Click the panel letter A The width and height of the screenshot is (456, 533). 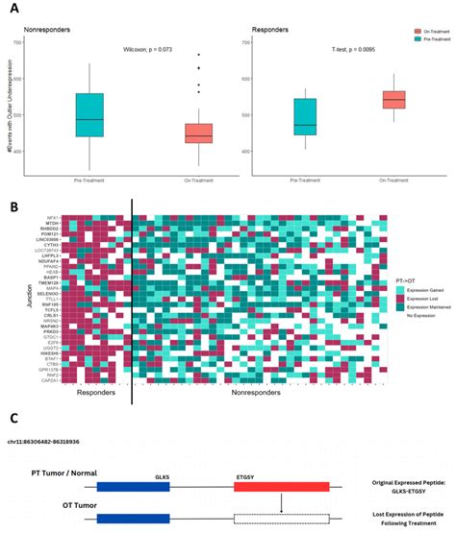coord(11,6)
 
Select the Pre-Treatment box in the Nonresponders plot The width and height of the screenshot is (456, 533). coord(89,114)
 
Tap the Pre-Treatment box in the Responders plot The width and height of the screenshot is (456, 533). coord(304,116)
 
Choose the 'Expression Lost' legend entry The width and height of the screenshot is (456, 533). coord(413,299)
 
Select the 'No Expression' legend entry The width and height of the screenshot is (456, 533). coord(411,316)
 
